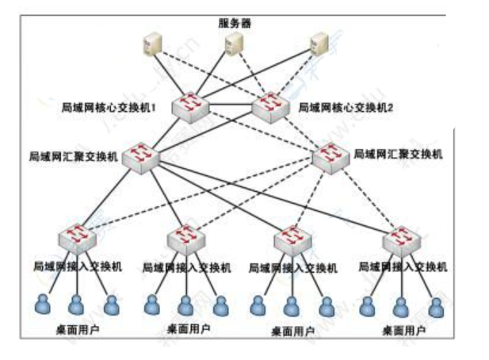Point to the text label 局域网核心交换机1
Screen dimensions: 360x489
[x=118, y=106]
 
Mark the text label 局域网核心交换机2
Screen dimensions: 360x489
[x=346, y=107]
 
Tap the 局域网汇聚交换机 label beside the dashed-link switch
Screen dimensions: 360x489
[x=398, y=152]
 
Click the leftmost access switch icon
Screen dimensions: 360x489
[x=77, y=237]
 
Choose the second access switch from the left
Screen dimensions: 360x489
[x=186, y=237]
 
